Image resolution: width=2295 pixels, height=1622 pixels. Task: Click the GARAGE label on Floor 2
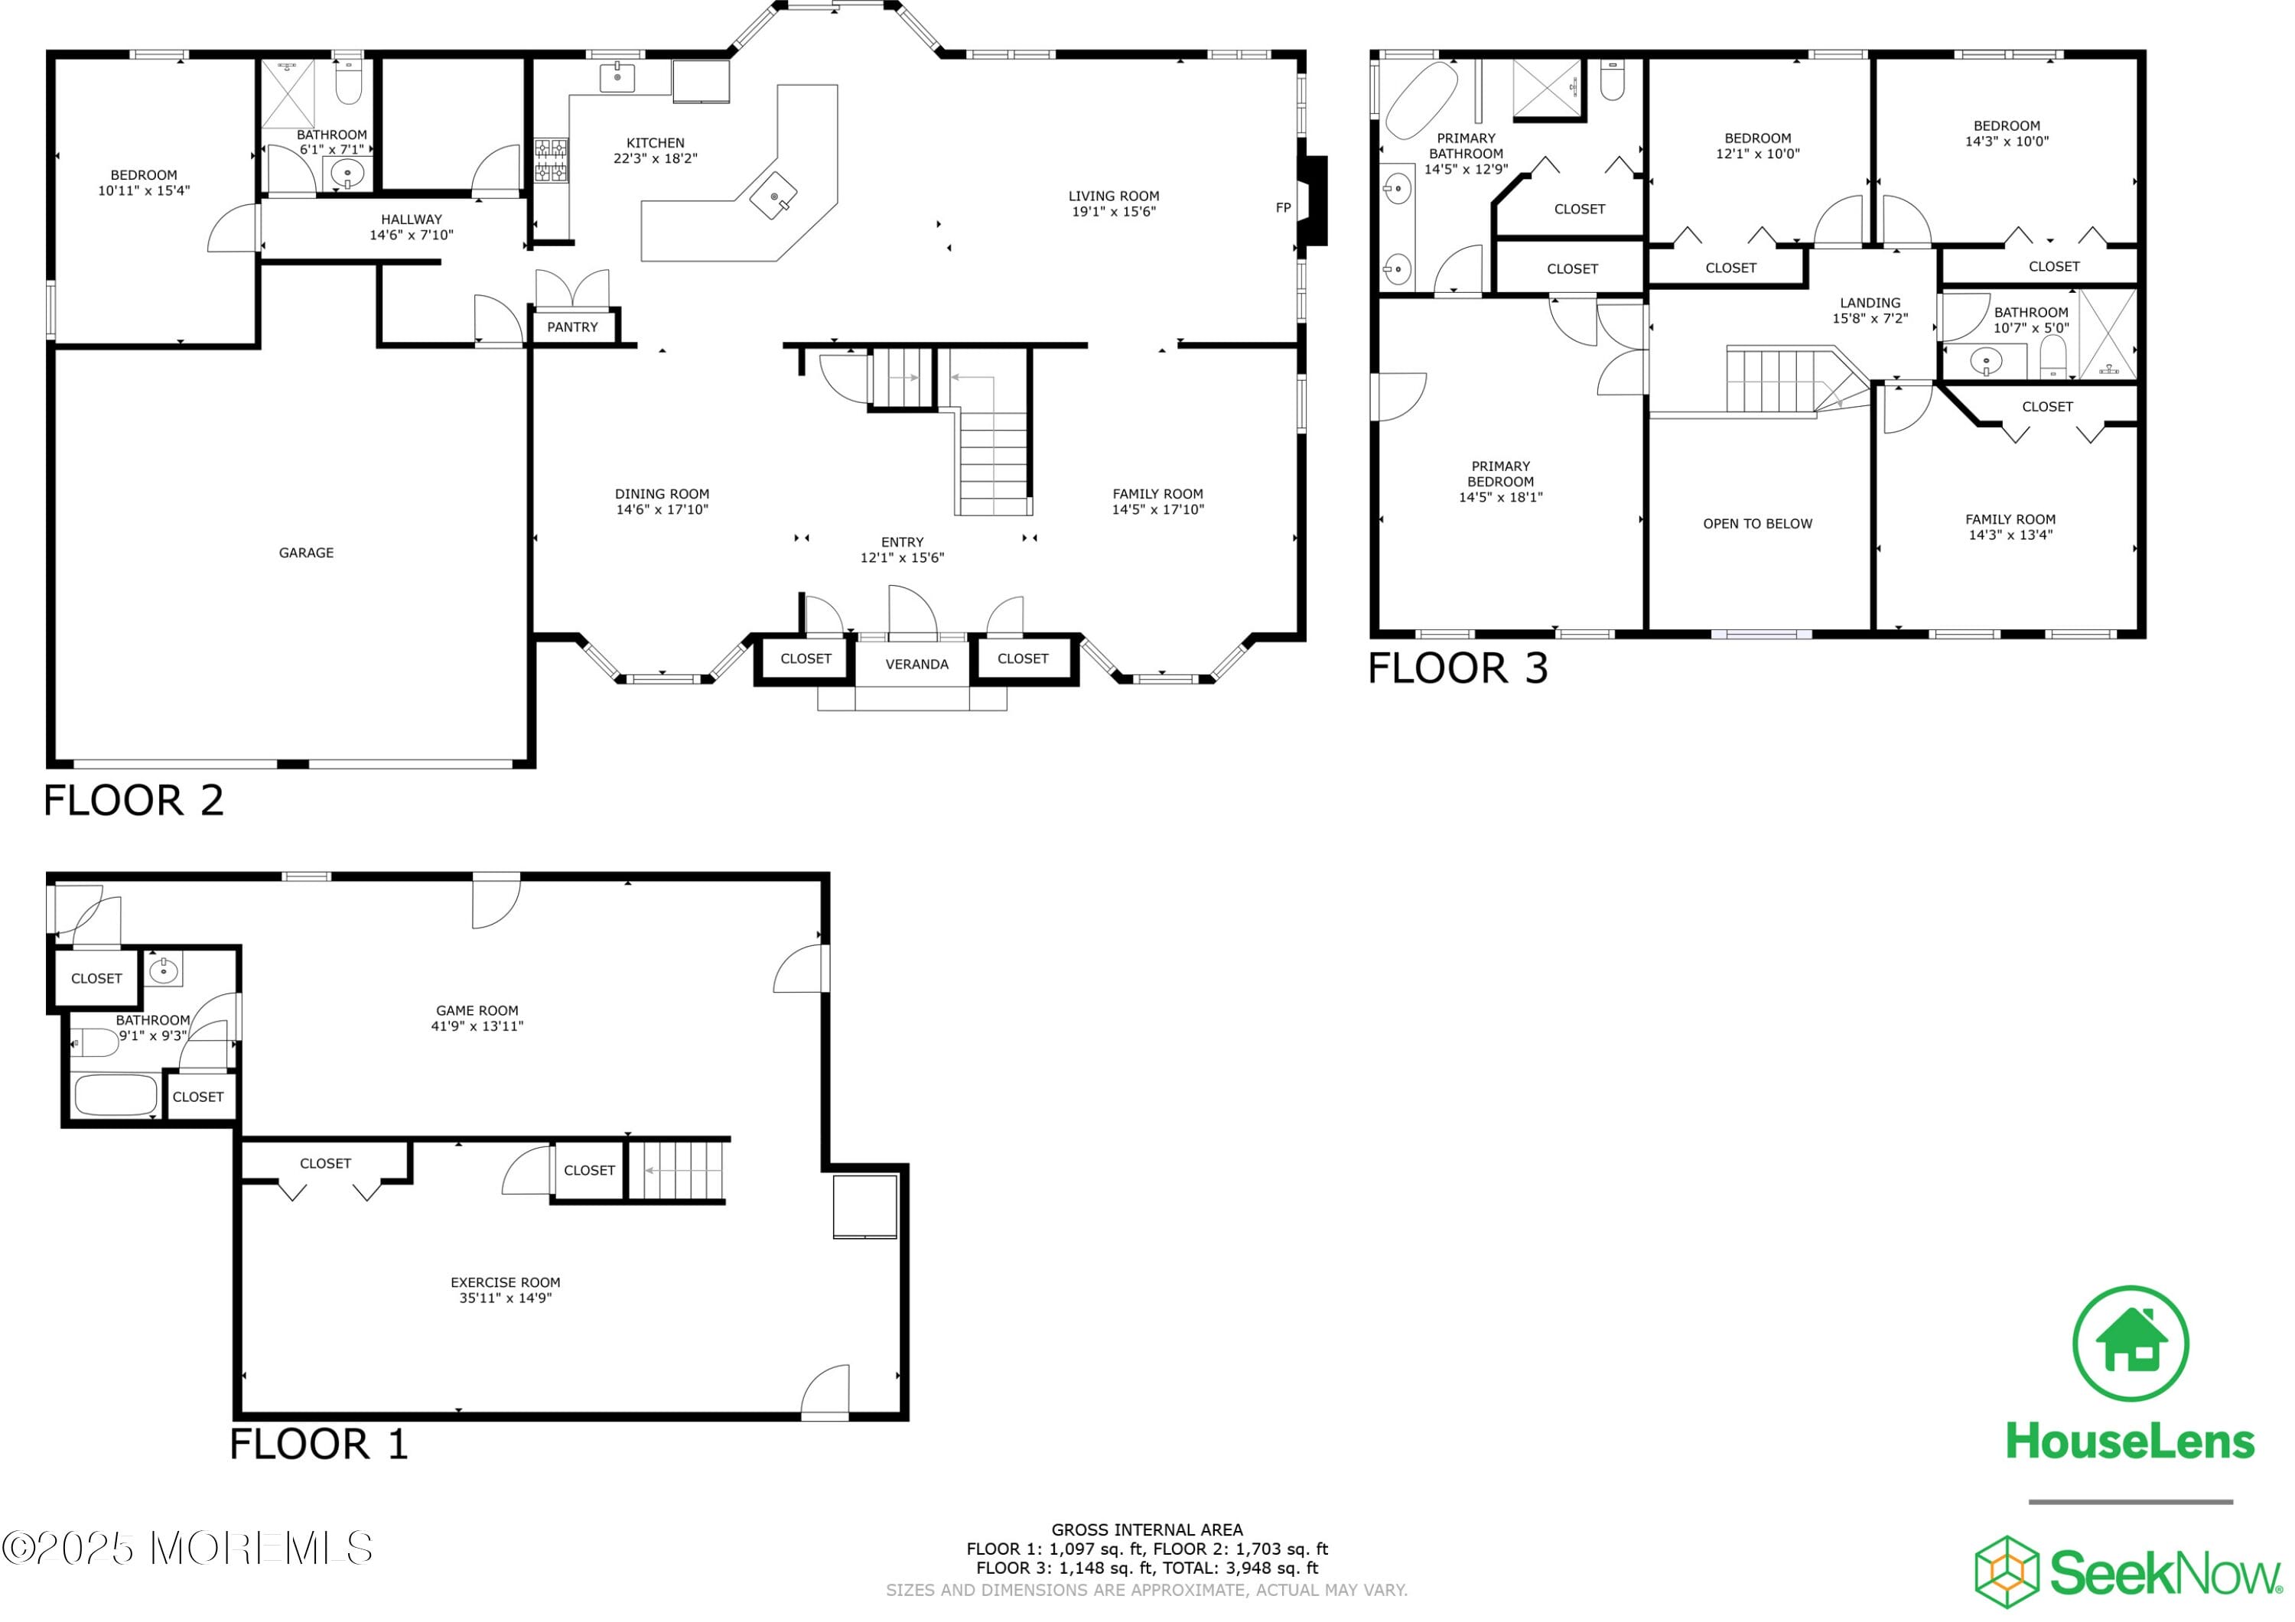[x=306, y=553]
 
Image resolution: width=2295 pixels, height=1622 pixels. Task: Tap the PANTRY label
[x=571, y=327]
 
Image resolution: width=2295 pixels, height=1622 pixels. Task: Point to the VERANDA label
[x=916, y=664]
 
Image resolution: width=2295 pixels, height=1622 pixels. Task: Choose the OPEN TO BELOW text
[x=1756, y=524]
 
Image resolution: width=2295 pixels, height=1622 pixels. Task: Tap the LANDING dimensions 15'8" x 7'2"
[x=1869, y=319]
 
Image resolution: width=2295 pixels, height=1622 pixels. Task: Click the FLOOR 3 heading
[x=1457, y=668]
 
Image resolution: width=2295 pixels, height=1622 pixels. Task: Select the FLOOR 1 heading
[x=318, y=1444]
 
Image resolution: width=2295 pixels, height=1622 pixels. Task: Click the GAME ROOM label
[x=477, y=1010]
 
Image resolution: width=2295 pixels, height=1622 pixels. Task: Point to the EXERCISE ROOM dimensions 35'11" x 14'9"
[x=505, y=1299]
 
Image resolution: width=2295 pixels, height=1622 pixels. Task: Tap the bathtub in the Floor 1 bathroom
[x=116, y=1095]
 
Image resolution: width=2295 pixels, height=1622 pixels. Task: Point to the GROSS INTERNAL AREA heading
[x=1147, y=1529]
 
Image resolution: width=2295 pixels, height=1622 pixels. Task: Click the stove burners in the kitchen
[x=550, y=161]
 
